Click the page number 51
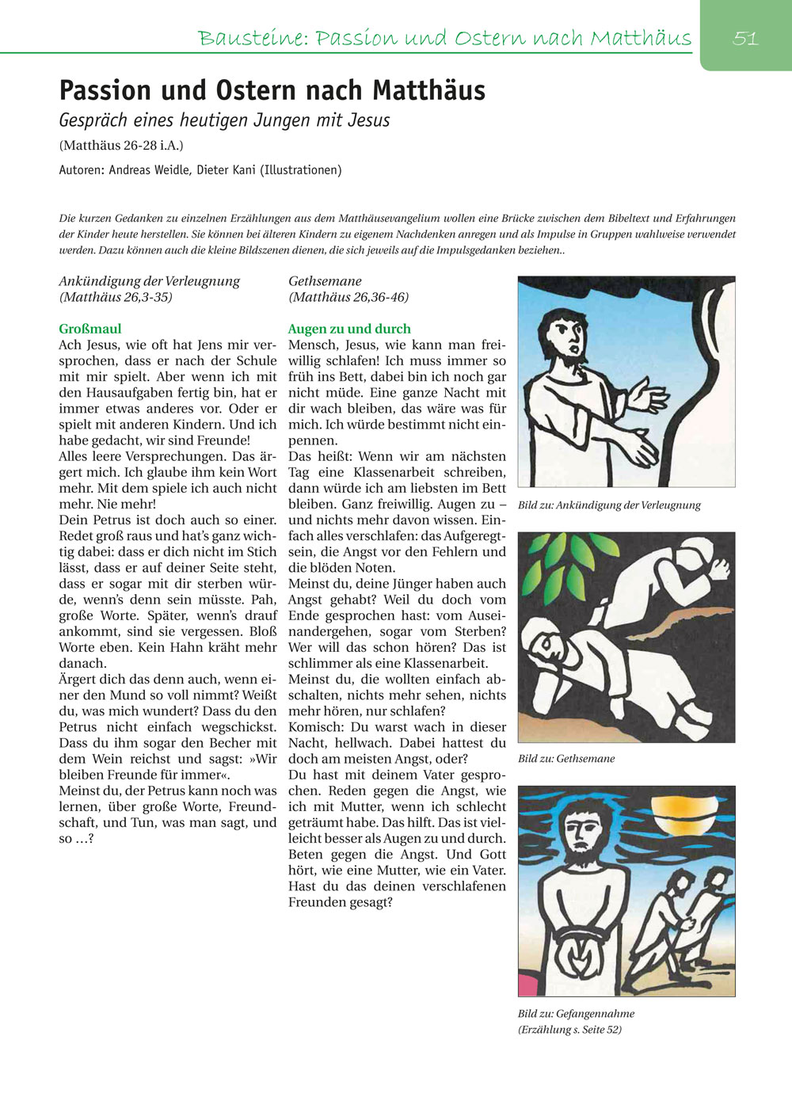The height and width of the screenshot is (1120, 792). click(x=745, y=38)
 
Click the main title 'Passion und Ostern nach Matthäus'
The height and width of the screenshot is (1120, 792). click(x=272, y=90)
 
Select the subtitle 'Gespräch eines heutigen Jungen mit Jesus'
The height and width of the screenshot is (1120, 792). click(x=224, y=120)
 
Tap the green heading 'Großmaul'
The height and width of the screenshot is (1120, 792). click(x=90, y=329)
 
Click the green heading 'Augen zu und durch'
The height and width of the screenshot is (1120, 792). click(x=349, y=329)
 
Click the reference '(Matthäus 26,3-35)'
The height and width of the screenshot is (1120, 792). click(x=116, y=297)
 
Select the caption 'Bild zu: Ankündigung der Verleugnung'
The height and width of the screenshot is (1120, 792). click(x=609, y=505)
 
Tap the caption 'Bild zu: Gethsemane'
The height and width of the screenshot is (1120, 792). click(x=566, y=759)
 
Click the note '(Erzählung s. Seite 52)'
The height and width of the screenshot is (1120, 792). click(x=569, y=1030)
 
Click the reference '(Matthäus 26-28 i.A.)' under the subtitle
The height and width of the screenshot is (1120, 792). click(x=121, y=146)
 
